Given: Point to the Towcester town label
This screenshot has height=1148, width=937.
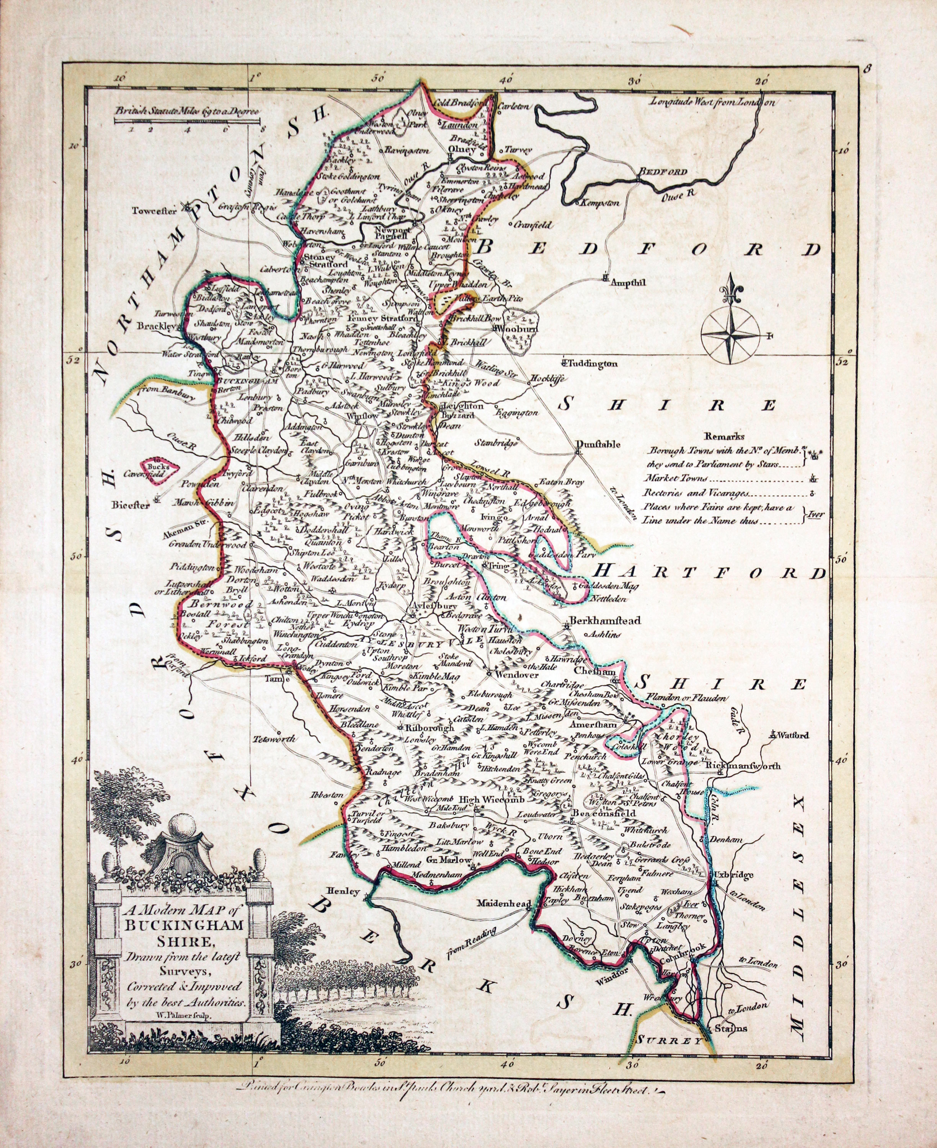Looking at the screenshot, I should (x=155, y=212).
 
